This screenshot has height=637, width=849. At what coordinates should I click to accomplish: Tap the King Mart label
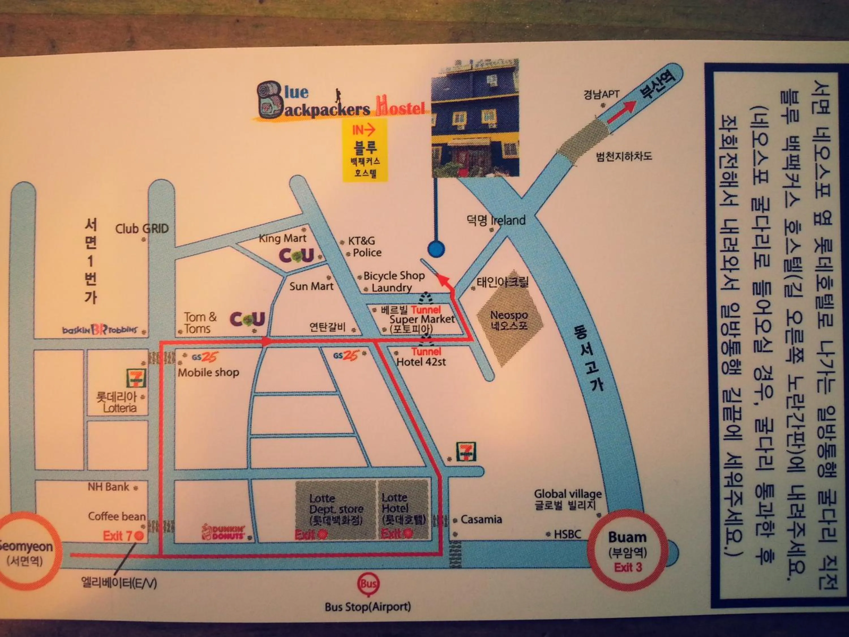(282, 238)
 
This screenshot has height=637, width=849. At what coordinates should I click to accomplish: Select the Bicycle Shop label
(394, 276)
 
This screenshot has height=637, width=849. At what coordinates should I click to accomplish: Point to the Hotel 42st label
(421, 362)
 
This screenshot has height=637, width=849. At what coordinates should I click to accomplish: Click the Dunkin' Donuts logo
(224, 533)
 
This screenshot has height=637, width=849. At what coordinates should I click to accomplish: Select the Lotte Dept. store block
(335, 509)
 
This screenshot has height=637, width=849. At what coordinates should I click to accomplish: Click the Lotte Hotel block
(403, 509)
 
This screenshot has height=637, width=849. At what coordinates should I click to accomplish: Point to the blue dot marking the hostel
(436, 249)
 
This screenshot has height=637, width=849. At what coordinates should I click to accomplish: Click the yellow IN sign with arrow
(364, 131)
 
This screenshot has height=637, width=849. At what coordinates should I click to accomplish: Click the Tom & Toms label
(200, 323)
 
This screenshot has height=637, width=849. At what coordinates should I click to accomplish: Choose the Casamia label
(481, 520)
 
